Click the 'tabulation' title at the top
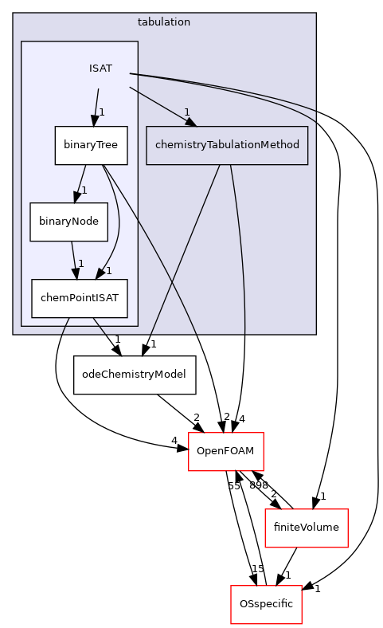point(164,22)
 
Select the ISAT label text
point(100,69)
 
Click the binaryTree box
point(91,146)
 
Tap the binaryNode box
point(68,222)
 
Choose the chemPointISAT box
point(80,298)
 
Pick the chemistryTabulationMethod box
point(227,145)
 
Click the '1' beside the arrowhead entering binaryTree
point(102,112)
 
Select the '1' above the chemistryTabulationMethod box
point(186,112)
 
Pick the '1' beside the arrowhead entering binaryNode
point(84,190)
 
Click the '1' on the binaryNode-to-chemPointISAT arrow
point(80,264)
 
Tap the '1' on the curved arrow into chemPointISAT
point(109,271)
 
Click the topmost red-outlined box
point(225,452)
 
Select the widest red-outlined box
point(306,528)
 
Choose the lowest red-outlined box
point(266,605)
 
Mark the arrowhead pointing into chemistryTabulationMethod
point(191,122)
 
